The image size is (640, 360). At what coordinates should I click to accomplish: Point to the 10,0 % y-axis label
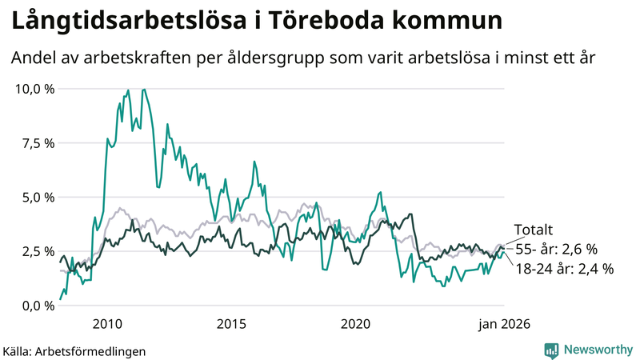(34, 89)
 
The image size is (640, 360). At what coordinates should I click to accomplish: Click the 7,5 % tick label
(38, 143)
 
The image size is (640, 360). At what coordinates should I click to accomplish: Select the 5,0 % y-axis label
(38, 197)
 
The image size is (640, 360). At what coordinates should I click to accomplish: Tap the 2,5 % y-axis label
(38, 251)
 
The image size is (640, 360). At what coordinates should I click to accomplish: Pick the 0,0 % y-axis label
(38, 306)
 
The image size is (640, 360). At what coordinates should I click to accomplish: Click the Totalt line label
(533, 230)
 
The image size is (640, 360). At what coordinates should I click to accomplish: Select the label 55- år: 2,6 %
(556, 249)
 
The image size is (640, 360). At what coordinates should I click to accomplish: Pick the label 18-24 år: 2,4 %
(564, 269)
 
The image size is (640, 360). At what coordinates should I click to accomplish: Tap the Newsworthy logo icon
(551, 350)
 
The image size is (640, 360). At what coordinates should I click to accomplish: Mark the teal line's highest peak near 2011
(144, 90)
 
